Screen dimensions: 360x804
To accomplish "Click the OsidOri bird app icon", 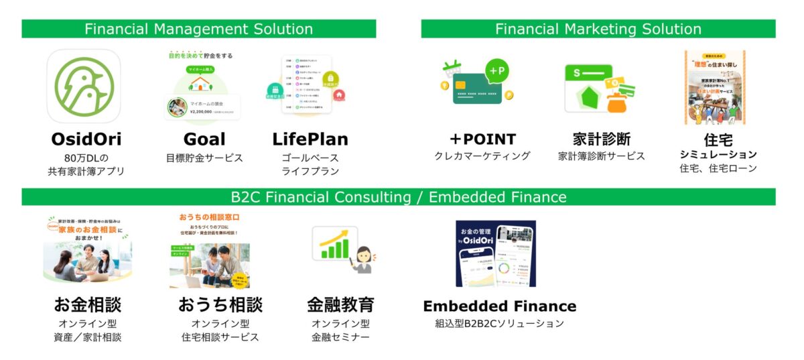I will pos(84,86).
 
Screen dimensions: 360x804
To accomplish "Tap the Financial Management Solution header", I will pos(198,29).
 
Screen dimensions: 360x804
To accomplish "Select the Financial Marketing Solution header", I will pos(598,29).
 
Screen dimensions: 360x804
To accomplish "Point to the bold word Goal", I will pos(204,139).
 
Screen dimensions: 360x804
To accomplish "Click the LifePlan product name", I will pos(310,139).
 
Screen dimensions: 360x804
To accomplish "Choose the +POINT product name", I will pos(482,139).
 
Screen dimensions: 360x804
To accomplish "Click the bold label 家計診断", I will pos(601,139).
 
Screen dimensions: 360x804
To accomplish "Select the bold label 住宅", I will pos(718,140).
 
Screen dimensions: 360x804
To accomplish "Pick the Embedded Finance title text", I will pos(499,306).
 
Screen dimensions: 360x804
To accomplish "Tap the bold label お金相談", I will pos(87,305).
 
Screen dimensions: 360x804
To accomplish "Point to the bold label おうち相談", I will pos(220,305).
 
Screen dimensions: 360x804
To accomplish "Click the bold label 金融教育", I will pos(340,305).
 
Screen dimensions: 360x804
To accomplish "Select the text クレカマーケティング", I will pos(482,156).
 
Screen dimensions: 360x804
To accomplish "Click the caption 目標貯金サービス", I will pos(204,159).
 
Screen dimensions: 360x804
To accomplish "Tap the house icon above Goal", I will pos(199,83).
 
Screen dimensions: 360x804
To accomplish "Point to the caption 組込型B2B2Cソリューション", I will pos(499,324).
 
